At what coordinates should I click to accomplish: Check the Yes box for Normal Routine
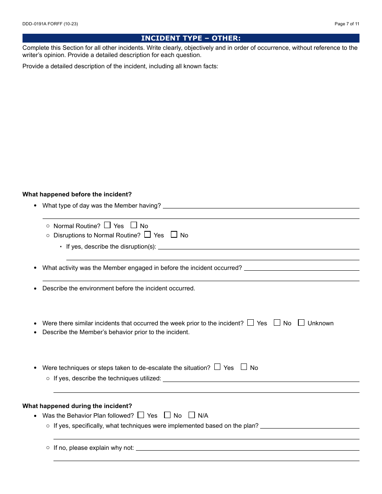pyautogui.click(x=107, y=225)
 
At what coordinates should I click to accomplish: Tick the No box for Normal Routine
pyautogui.click(x=134, y=225)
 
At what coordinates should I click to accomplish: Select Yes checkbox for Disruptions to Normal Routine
pyautogui.click(x=148, y=235)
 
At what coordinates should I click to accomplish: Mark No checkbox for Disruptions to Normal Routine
pyautogui.click(x=174, y=235)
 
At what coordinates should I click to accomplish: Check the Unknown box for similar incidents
pyautogui.click(x=301, y=323)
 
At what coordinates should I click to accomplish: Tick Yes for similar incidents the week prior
pyautogui.click(x=251, y=323)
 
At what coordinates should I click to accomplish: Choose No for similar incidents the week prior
pyautogui.click(x=277, y=323)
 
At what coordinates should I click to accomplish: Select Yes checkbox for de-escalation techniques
pyautogui.click(x=218, y=367)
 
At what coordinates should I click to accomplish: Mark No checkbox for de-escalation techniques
pyautogui.click(x=244, y=367)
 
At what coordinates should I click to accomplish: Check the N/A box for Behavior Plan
pyautogui.click(x=192, y=415)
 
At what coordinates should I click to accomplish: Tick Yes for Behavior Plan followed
pyautogui.click(x=141, y=415)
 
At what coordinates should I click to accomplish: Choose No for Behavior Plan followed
pyautogui.click(x=167, y=415)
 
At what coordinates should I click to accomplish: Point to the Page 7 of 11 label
pyautogui.click(x=347, y=24)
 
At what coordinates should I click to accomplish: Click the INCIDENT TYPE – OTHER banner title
pyautogui.click(x=191, y=38)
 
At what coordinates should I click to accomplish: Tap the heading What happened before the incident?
pyautogui.click(x=77, y=194)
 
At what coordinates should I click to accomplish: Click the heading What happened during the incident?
pyautogui.click(x=77, y=406)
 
